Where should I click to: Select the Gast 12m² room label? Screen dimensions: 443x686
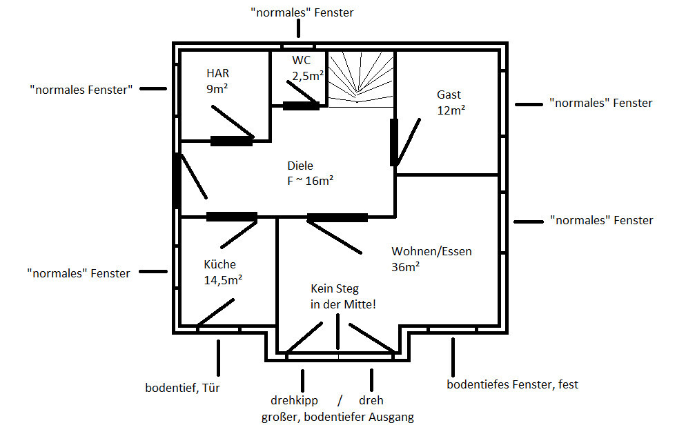tap(449, 102)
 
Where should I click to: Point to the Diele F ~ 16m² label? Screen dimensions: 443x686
tap(310, 173)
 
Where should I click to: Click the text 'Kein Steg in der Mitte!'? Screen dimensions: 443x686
tap(343, 296)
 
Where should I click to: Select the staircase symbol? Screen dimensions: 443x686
tap(361, 78)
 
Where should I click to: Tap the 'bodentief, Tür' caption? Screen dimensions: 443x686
tap(183, 386)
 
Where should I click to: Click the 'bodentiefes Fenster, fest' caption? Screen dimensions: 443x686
tap(512, 384)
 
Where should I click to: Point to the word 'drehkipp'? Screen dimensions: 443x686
tap(294, 400)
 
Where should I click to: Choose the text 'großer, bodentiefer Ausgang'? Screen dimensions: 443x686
tap(337, 417)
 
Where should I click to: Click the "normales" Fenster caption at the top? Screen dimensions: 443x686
tap(302, 12)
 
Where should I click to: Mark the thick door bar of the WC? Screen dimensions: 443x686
tap(301, 106)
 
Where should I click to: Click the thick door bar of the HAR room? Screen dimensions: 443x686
tap(231, 141)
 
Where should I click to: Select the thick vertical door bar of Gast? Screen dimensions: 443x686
tap(394, 142)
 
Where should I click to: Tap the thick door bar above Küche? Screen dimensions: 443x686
tap(232, 217)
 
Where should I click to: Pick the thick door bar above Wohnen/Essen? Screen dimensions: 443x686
tap(337, 217)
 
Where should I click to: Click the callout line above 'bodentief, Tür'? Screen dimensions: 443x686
tap(218, 357)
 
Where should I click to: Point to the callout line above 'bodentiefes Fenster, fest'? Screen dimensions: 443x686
tap(453, 354)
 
